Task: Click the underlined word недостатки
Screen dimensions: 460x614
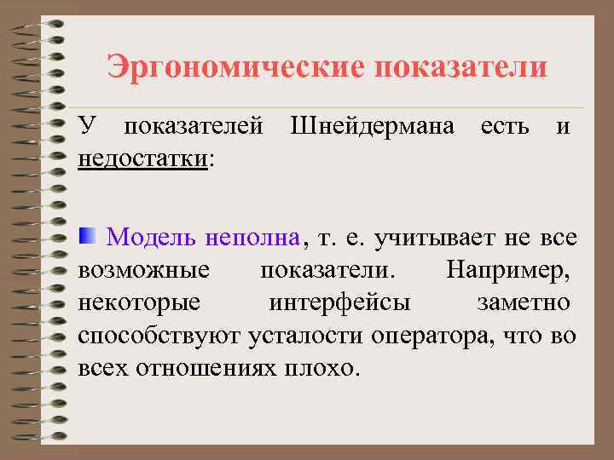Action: pyautogui.click(x=142, y=159)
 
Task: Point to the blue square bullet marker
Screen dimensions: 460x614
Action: pyautogui.click(x=87, y=235)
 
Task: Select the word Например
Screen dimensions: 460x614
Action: pyautogui.click(x=508, y=271)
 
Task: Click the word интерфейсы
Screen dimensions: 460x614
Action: pyautogui.click(x=339, y=302)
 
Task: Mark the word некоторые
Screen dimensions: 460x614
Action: pyautogui.click(x=139, y=302)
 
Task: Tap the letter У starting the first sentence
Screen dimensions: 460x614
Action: pyautogui.click(x=86, y=129)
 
